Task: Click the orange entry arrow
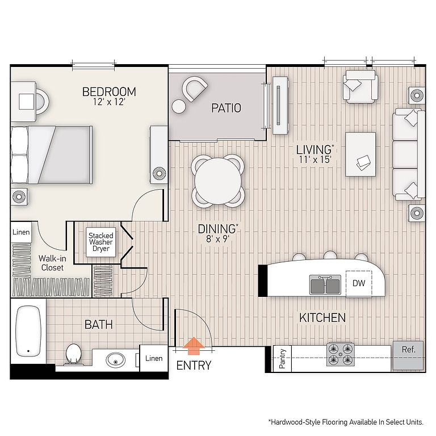(x=194, y=346)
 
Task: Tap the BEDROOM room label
(x=109, y=92)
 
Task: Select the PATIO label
(x=226, y=108)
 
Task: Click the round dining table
(x=218, y=181)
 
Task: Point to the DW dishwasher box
(x=359, y=283)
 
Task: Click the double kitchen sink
(x=325, y=285)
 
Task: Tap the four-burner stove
(x=341, y=354)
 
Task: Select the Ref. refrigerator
(x=408, y=355)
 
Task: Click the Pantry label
(x=282, y=359)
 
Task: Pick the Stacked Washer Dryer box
(x=100, y=242)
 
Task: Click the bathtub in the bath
(x=28, y=331)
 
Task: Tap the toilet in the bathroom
(x=74, y=354)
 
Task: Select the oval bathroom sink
(x=115, y=360)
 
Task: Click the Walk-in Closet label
(x=52, y=263)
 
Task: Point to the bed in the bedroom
(x=52, y=155)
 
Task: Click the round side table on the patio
(x=179, y=107)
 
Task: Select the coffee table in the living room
(x=360, y=154)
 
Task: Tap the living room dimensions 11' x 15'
(x=315, y=160)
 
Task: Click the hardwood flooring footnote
(x=346, y=422)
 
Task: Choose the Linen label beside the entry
(x=154, y=358)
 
